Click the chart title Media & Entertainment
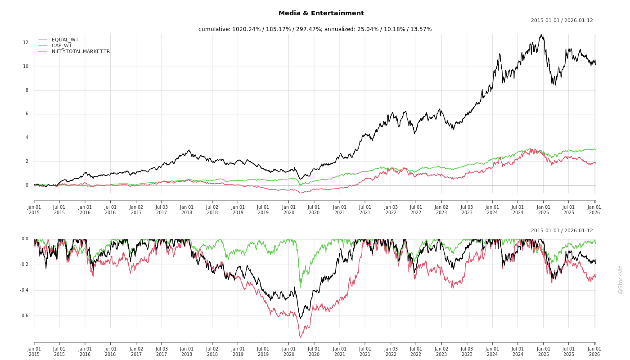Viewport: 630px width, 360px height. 321,13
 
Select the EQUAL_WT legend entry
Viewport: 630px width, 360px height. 65,40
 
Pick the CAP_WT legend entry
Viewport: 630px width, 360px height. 61,45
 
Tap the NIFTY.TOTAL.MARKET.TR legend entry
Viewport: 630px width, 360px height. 81,51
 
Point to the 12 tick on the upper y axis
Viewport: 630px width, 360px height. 26,43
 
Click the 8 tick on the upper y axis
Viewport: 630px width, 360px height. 27,90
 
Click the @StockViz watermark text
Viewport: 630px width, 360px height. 621,279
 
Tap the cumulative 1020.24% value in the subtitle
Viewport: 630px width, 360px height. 247,29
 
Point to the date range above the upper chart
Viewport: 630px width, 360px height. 562,20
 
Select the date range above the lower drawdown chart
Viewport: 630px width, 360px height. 562,230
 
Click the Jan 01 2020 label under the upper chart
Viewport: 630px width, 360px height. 289,210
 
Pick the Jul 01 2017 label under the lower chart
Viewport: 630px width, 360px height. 162,351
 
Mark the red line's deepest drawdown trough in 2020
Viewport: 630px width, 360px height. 300,337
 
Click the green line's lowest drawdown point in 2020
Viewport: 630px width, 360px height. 300,288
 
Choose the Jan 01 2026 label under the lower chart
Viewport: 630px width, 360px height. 594,351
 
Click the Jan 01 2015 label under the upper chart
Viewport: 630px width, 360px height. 34,210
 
